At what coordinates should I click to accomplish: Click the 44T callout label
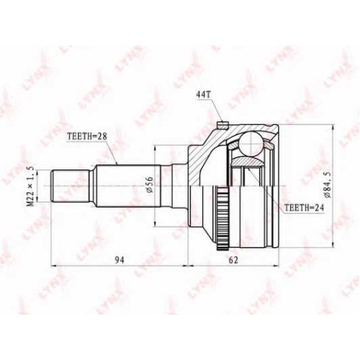coord(203,95)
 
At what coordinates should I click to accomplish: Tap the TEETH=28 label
coord(87,136)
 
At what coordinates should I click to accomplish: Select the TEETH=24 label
coord(304,208)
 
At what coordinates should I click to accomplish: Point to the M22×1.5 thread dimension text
coord(30,186)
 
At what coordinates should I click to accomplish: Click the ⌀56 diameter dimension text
coord(149,184)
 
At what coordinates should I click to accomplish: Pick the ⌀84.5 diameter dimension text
coord(328,185)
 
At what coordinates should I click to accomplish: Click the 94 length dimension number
coord(120,260)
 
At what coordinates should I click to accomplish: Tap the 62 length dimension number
coord(233,260)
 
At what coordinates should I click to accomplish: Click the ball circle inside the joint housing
coord(251,144)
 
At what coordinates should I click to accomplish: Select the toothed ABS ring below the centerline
coord(222,218)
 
